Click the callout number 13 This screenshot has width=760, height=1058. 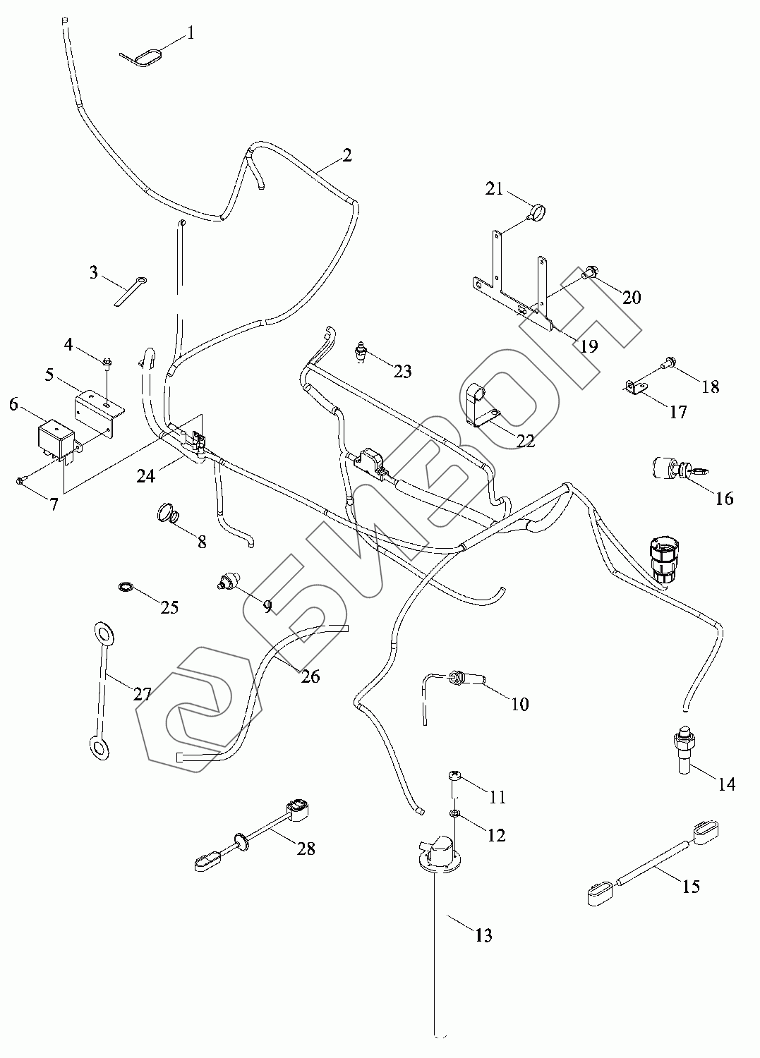[x=483, y=936]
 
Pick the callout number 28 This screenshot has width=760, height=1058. [x=306, y=849]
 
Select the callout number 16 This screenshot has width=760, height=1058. [x=724, y=499]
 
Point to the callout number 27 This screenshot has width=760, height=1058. [x=143, y=694]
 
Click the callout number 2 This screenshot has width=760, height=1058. [x=346, y=156]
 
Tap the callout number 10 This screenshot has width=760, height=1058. [x=519, y=704]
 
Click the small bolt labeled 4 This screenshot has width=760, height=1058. [x=106, y=363]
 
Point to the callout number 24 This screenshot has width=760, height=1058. [x=146, y=477]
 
